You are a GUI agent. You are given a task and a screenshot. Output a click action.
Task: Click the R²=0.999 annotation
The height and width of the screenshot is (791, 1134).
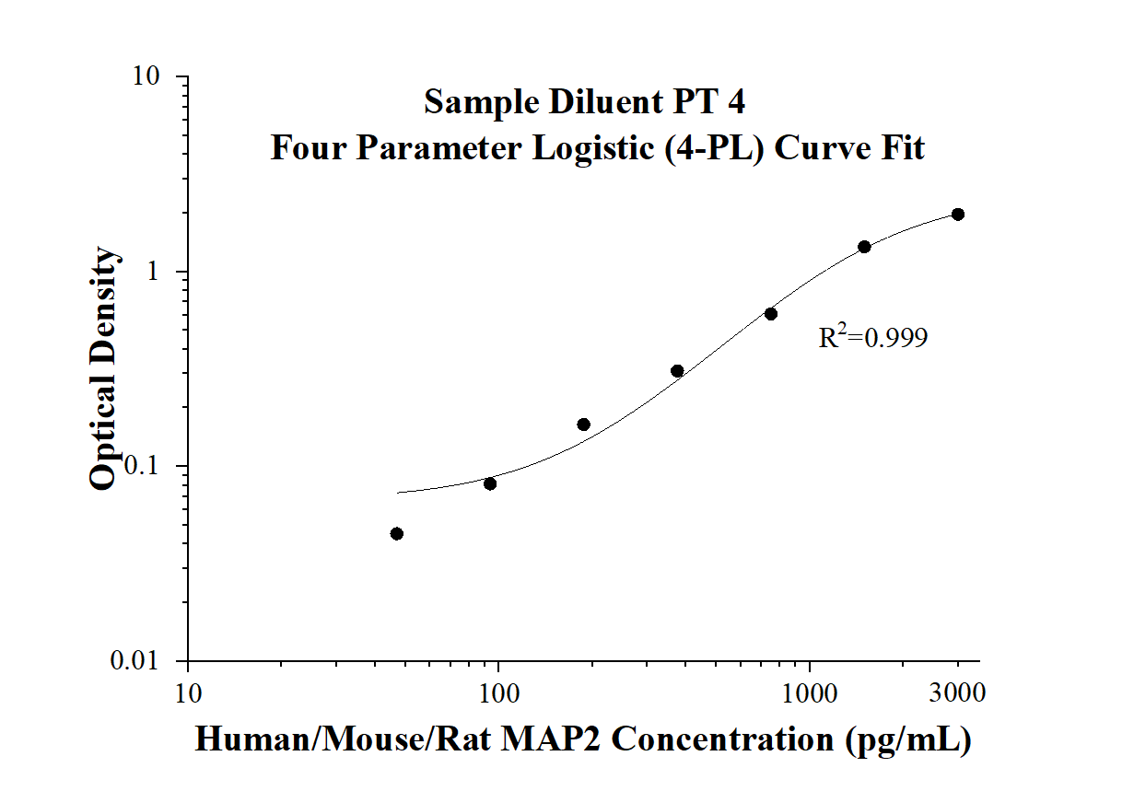[x=872, y=338]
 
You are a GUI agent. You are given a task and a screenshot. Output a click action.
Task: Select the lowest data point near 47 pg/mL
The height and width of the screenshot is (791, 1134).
[x=397, y=534]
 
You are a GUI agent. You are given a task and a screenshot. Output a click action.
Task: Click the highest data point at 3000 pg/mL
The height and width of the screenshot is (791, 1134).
[x=958, y=215]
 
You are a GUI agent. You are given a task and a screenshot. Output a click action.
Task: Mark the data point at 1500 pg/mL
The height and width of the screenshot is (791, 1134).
[x=864, y=247]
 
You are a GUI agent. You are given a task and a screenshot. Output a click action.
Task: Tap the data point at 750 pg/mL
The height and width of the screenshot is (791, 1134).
[x=771, y=314]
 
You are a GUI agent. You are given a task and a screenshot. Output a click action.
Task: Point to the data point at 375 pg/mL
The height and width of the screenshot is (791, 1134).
[x=677, y=371]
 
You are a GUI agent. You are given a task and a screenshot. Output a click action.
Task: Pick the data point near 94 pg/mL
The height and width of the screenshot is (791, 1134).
[x=490, y=484]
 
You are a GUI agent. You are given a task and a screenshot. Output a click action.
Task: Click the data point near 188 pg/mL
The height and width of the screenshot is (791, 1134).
[x=583, y=425]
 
